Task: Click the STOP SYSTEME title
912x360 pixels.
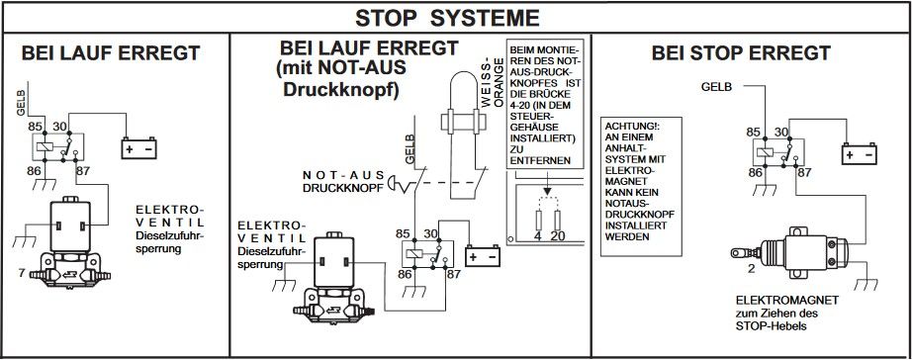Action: pyautogui.click(x=447, y=18)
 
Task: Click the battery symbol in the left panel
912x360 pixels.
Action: pyautogui.click(x=139, y=148)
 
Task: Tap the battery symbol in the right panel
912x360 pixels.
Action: pyautogui.click(x=859, y=153)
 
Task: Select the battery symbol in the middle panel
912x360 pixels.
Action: pyautogui.click(x=482, y=255)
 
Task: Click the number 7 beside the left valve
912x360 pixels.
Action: pyautogui.click(x=22, y=272)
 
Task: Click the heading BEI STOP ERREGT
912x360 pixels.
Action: pyautogui.click(x=741, y=53)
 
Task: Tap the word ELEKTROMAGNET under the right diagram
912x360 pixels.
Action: pyautogui.click(x=787, y=300)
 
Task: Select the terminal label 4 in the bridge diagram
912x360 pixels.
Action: pyautogui.click(x=538, y=236)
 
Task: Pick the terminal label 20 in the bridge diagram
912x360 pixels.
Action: pyautogui.click(x=558, y=236)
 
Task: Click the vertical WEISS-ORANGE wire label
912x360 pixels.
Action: pyautogui.click(x=492, y=82)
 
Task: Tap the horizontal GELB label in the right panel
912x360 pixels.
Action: pyautogui.click(x=716, y=87)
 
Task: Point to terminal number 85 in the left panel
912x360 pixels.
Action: pyautogui.click(x=36, y=126)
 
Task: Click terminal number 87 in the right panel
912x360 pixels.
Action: pyautogui.click(x=804, y=173)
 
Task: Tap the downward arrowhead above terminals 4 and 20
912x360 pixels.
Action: pyautogui.click(x=547, y=191)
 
